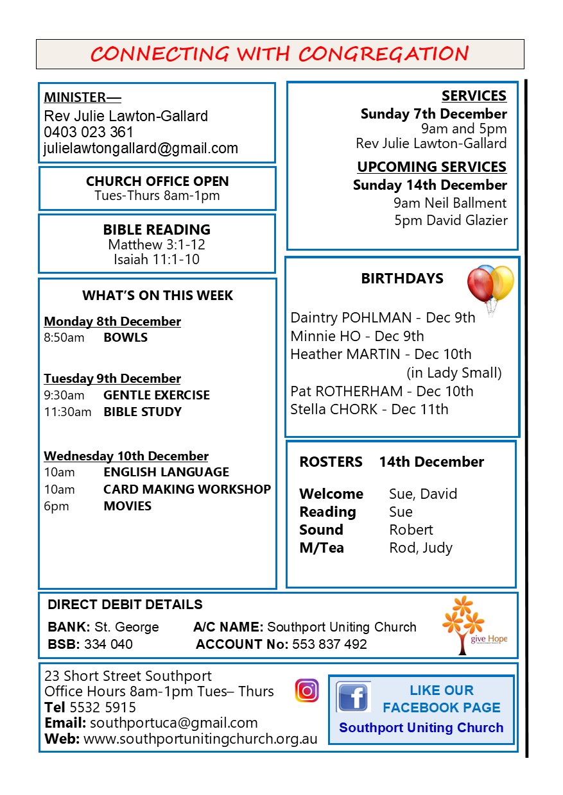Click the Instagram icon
coord(307,690)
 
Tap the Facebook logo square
coord(353,698)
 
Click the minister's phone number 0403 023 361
coord(89,133)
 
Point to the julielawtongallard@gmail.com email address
coord(141,149)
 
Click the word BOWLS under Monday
coord(125,338)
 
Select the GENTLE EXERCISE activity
coord(157,396)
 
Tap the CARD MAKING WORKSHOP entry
coord(187,489)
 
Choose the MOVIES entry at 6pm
coord(127,506)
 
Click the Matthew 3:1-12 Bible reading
coord(157,245)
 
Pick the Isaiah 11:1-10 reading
coord(157,260)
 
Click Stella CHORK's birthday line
coord(369,410)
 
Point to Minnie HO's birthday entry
coord(357,336)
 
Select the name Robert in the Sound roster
coord(411,530)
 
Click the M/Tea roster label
coord(321,548)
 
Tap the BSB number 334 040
coord(108,644)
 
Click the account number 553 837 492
coord(329,644)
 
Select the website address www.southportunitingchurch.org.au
coord(200,739)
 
